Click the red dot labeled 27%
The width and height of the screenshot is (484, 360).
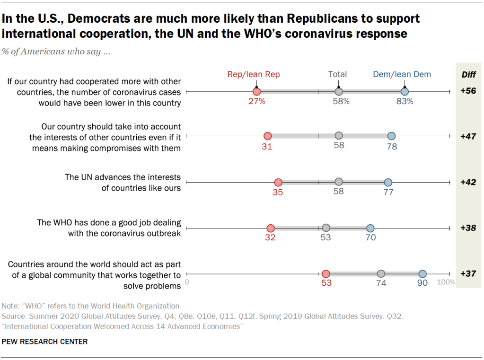tap(256, 91)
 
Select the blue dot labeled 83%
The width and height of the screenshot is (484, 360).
tap(405, 91)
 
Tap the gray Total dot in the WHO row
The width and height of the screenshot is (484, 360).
tap(326, 228)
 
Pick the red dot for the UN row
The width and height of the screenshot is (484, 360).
tap(278, 182)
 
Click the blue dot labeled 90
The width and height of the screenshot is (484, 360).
tap(422, 273)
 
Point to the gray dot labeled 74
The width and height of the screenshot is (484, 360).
tap(381, 273)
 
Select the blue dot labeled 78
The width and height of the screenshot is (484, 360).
tap(391, 136)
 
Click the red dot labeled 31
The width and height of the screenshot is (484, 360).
tap(267, 136)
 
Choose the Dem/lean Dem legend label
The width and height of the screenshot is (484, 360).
tap(402, 74)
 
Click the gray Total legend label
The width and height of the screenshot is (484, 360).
tap(338, 74)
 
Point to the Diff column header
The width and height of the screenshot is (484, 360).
tap(468, 74)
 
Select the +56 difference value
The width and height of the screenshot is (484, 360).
tap(468, 91)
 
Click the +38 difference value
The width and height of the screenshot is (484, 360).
tap(468, 228)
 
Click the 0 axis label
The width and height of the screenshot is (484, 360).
tap(187, 282)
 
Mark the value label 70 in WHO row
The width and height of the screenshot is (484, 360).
tap(370, 237)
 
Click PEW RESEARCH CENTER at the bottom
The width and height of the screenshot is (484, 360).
tap(44, 342)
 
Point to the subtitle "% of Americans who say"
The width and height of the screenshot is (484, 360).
tap(56, 52)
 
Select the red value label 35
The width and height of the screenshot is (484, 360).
tap(278, 192)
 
